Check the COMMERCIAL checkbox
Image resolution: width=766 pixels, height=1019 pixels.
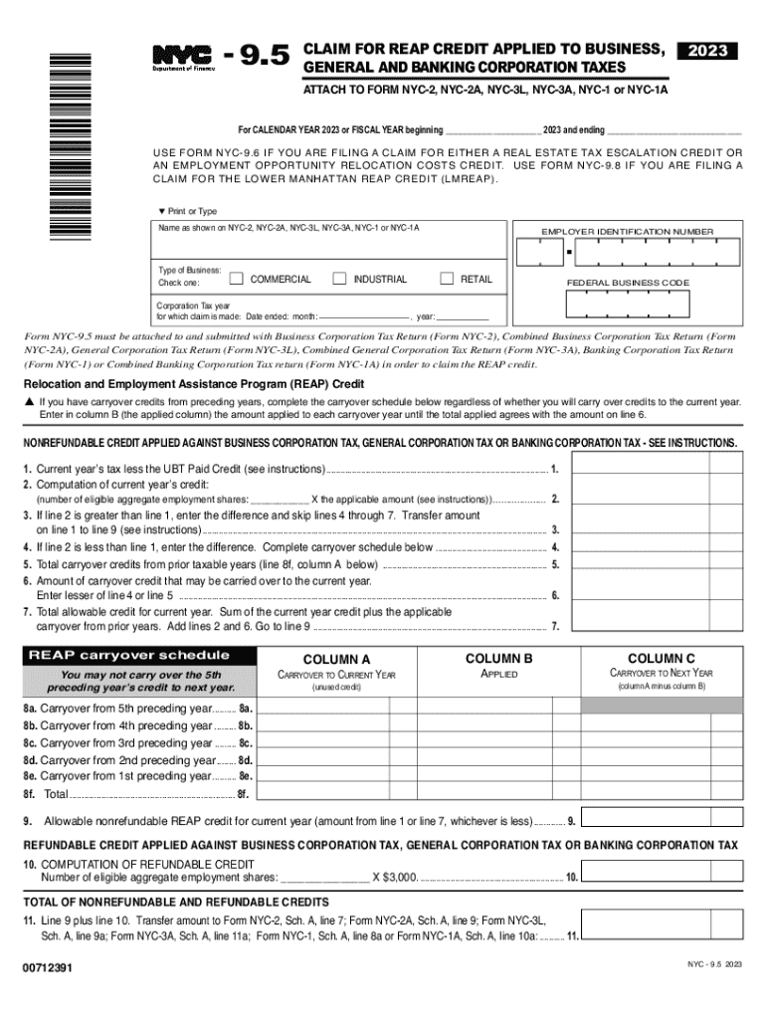pos(237,279)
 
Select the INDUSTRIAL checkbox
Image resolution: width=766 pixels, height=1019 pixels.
pos(339,279)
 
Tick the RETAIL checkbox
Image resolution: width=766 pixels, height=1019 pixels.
pos(447,279)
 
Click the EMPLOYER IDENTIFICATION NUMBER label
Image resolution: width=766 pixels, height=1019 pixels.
pos(627,232)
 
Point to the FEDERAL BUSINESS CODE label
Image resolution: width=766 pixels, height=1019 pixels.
pos(627,284)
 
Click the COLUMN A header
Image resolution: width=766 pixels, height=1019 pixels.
pos(336,659)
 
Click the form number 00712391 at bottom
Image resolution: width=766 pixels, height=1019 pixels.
pos(46,967)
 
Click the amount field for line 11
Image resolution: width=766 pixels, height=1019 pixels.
pos(662,936)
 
